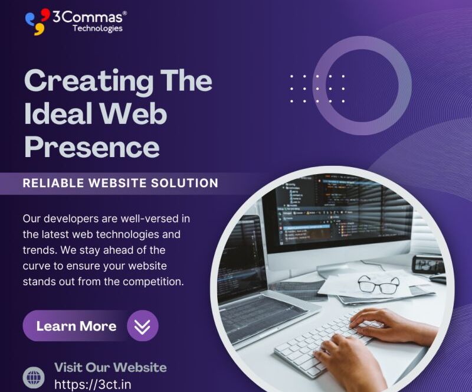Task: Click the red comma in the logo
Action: point(45,14)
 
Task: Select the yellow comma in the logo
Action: point(39,30)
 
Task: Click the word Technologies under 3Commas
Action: point(97,28)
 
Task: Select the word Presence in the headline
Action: point(92,147)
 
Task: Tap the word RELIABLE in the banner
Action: point(54,183)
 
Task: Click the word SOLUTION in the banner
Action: point(185,183)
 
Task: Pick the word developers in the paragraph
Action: point(80,219)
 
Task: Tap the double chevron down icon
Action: point(142,326)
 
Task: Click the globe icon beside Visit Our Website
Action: point(34,377)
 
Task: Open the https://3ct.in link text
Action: point(93,385)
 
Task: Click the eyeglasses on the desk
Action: point(378,284)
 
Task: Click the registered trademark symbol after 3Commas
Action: point(124,13)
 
